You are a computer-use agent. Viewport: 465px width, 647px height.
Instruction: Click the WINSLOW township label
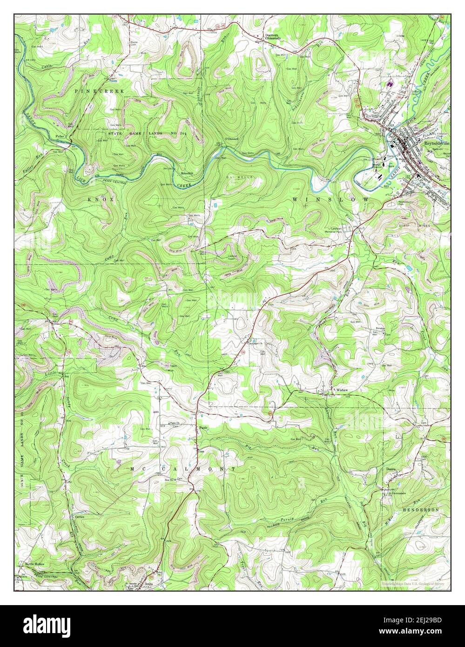point(331,199)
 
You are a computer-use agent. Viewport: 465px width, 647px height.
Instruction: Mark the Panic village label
point(202,427)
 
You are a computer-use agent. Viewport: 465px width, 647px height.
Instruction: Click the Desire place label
point(390,469)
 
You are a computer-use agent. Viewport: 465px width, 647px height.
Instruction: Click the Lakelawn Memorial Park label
point(343,229)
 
